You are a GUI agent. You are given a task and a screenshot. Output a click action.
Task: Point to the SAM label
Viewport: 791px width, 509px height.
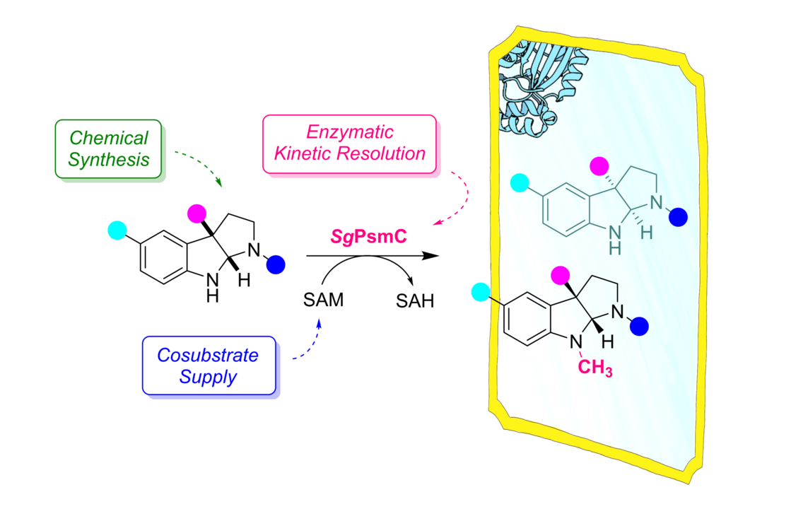pyautogui.click(x=323, y=300)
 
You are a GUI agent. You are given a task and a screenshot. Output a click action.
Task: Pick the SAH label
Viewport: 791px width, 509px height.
pyautogui.click(x=414, y=300)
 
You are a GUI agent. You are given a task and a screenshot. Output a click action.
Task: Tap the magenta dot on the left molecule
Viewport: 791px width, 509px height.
pyautogui.click(x=196, y=213)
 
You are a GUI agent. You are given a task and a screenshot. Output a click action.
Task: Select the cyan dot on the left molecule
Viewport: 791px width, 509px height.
pyautogui.click(x=117, y=230)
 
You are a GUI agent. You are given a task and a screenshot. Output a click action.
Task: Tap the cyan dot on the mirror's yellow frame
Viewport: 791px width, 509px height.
pyautogui.click(x=480, y=291)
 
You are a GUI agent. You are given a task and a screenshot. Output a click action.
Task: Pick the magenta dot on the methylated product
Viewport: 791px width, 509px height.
pyautogui.click(x=560, y=274)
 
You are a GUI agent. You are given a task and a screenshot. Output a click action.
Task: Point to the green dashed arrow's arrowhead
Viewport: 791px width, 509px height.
pyautogui.click(x=219, y=185)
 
